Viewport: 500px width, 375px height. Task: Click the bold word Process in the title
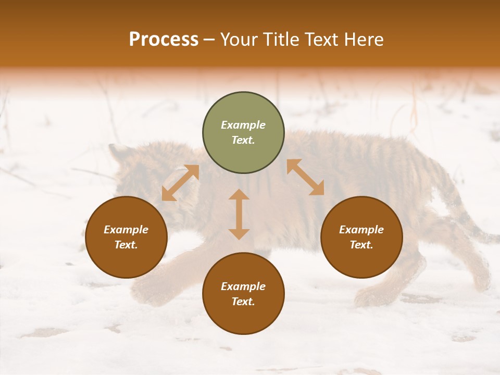click(164, 40)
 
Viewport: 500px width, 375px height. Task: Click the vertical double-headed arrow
click(239, 214)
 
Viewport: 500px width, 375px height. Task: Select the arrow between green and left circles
click(180, 183)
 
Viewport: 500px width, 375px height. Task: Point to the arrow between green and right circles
click(305, 177)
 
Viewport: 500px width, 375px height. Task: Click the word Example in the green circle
click(243, 125)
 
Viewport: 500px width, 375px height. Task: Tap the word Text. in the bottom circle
click(243, 302)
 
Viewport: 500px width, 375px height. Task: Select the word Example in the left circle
click(126, 230)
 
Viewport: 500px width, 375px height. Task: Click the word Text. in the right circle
click(361, 245)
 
